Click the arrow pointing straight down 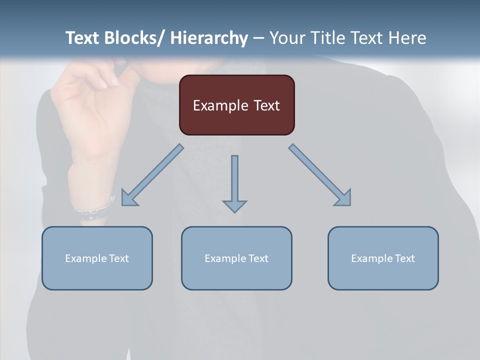point(234,180)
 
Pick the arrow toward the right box point(320,175)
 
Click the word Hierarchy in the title point(209,38)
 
